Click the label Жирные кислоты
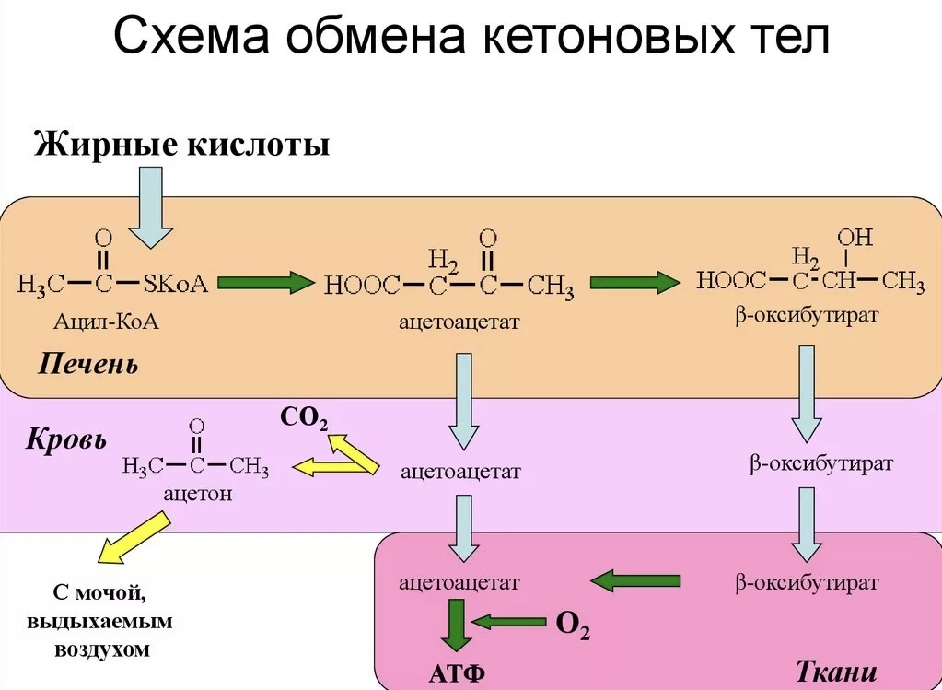point(181,144)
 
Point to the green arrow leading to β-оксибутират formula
point(634,283)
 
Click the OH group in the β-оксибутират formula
point(855,237)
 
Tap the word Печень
point(88,365)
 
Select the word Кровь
point(64,438)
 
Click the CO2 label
point(303,418)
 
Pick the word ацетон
point(197,493)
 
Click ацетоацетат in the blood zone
point(460,472)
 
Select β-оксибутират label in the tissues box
point(808,582)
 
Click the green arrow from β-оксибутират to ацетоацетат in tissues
point(634,580)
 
